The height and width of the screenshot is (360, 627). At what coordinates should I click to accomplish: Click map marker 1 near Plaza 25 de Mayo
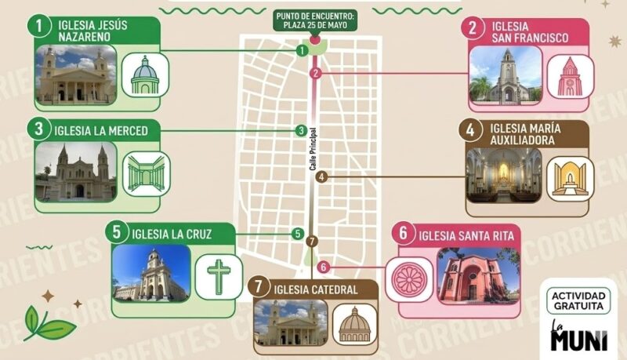tap(302, 50)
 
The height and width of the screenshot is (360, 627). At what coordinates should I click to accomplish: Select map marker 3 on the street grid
tap(301, 130)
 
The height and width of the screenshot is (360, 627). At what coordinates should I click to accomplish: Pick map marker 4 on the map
tap(322, 177)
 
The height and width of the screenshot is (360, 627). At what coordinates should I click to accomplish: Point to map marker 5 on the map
tap(298, 233)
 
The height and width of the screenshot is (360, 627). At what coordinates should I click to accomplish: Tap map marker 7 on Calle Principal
tap(312, 241)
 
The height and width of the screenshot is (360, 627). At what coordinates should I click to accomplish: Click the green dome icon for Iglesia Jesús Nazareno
tap(144, 75)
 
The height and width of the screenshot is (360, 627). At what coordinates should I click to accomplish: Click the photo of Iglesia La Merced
tap(74, 172)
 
